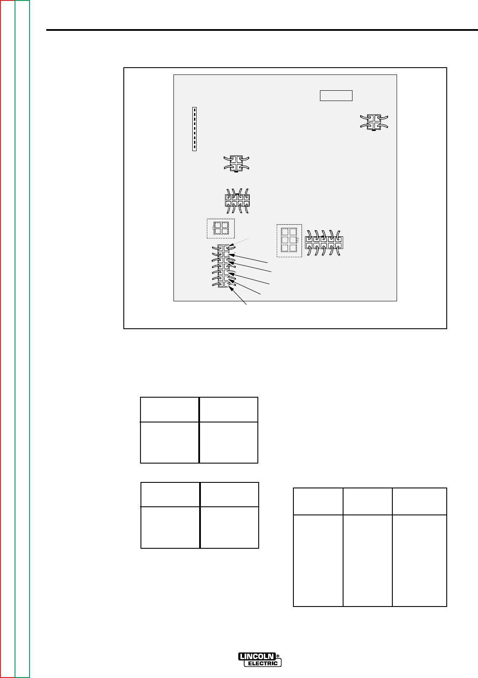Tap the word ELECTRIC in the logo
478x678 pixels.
(262, 663)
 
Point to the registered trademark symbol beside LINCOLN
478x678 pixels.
(278, 655)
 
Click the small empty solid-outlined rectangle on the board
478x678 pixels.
(336, 95)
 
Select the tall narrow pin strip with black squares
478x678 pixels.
(194, 129)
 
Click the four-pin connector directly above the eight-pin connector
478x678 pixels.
(237, 164)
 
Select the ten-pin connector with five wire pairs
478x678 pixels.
(324, 243)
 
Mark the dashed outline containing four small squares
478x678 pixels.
(221, 228)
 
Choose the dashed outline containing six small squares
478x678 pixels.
(289, 241)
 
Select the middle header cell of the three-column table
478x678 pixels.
(367, 501)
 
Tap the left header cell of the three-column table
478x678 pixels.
(318, 501)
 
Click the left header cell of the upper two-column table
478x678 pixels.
(170, 410)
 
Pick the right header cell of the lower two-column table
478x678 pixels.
(229, 495)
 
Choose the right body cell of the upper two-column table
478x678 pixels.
(229, 443)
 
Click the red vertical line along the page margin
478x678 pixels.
(1, 338)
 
